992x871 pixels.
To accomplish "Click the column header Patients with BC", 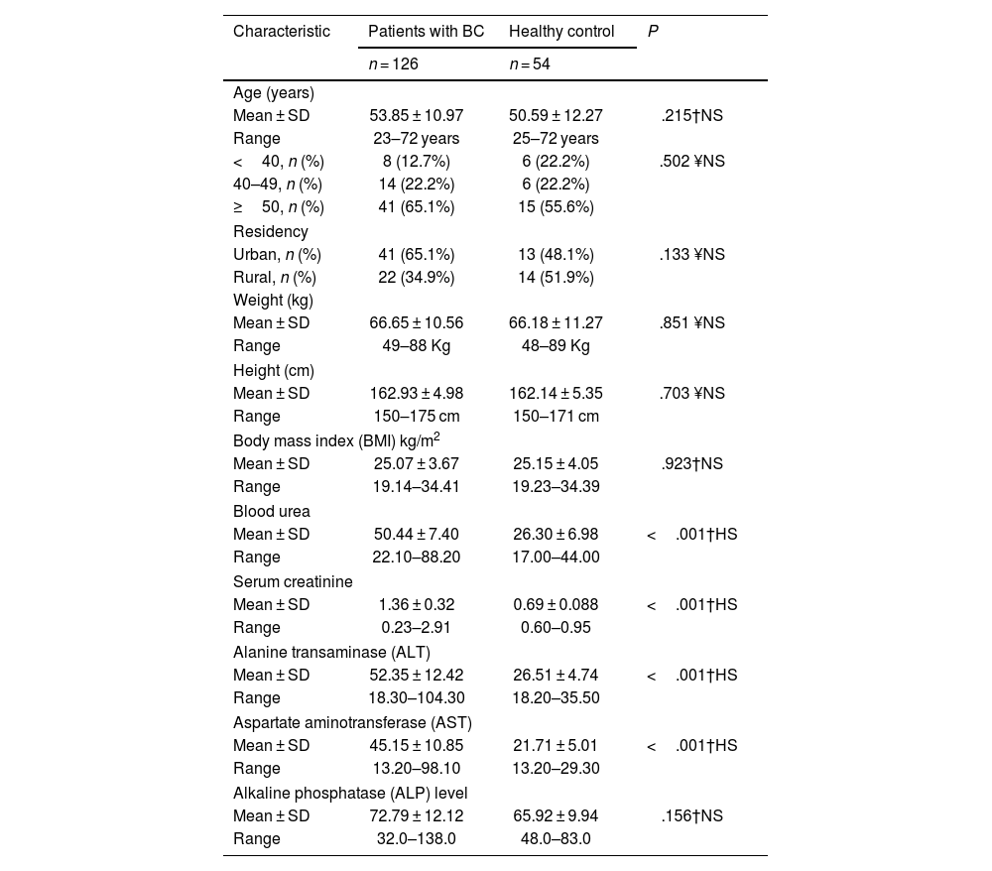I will (426, 32).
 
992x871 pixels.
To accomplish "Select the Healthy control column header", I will (561, 32).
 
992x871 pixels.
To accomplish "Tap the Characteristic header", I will (282, 32).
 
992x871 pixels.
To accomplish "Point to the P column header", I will (653, 32).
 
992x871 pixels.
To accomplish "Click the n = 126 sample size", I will (393, 64).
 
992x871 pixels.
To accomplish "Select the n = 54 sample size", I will (530, 64).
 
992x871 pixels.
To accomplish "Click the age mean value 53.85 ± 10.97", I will (417, 116).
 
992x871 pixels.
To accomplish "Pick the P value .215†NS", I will (691, 116).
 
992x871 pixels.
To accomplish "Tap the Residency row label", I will (271, 232).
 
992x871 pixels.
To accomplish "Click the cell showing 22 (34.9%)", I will (417, 278).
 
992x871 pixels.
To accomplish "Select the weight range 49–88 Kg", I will (417, 346).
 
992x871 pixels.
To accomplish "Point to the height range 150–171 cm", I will (556, 417).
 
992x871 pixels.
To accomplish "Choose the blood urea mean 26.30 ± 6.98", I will (556, 535).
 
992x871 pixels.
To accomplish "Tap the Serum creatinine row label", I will (293, 582).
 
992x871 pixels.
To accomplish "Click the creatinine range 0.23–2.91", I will (417, 628).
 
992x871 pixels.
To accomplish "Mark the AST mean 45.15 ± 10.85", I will (417, 746).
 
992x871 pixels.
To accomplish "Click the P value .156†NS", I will (691, 816).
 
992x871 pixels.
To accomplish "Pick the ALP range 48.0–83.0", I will (556, 839).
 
